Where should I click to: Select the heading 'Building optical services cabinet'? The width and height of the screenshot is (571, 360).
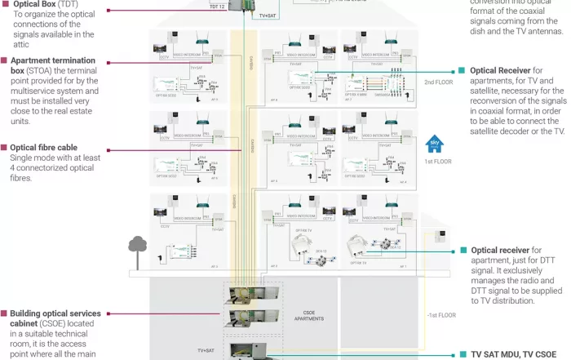click(x=55, y=313)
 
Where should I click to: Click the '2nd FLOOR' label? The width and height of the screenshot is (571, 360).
click(x=438, y=82)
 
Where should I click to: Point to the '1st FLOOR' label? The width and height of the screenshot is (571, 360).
click(x=438, y=162)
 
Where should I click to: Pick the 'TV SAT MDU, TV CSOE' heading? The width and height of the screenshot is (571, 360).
click(x=518, y=355)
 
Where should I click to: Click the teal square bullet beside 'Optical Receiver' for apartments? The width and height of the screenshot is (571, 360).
click(x=462, y=71)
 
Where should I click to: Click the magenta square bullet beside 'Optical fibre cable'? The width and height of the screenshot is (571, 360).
click(x=4, y=148)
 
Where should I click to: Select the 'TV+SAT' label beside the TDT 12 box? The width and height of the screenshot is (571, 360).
click(x=266, y=16)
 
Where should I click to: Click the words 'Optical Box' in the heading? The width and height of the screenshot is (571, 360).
click(x=33, y=3)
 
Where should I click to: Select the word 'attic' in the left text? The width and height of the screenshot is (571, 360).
click(x=22, y=47)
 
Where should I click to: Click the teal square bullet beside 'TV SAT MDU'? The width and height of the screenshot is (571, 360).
click(x=462, y=355)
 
